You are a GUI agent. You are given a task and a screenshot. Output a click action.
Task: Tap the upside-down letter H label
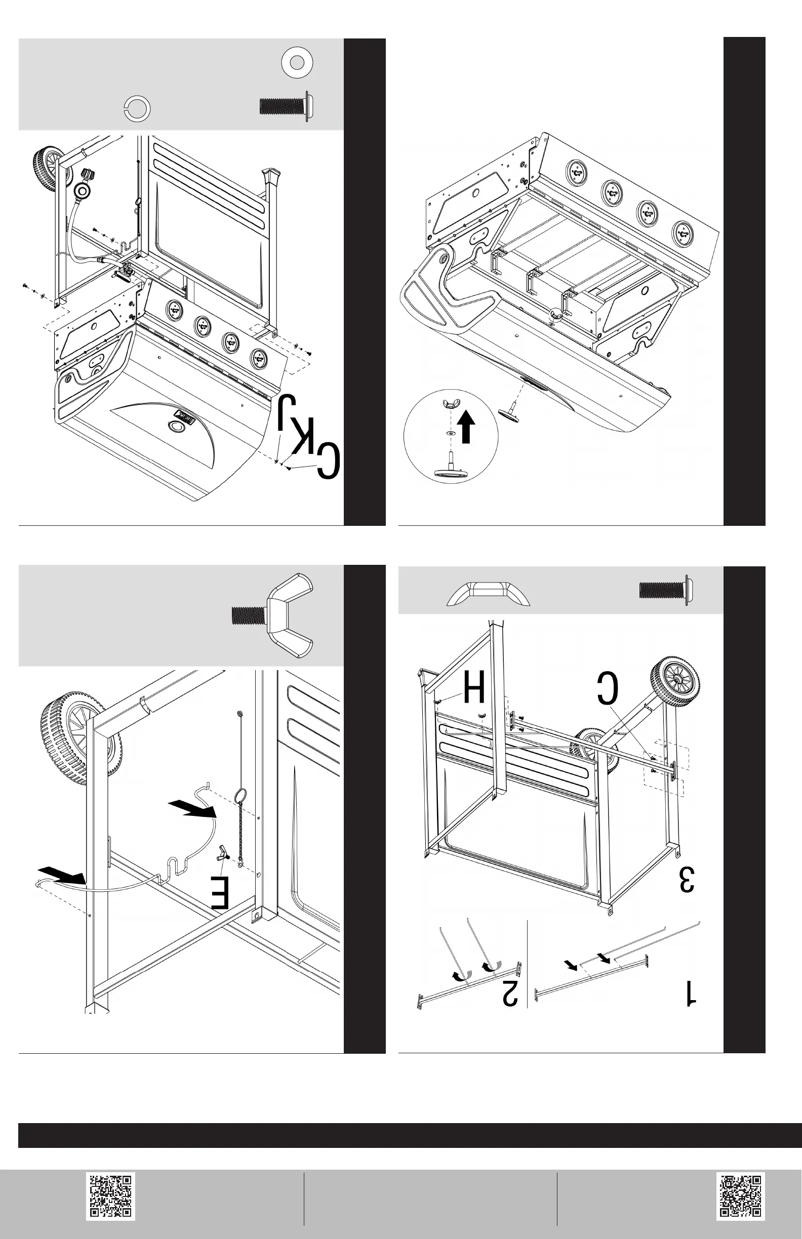[474, 687]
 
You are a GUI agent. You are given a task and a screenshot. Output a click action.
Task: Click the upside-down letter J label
[287, 411]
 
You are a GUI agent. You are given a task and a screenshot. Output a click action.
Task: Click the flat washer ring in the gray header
[297, 62]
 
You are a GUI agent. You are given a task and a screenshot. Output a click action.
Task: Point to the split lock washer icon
[138, 109]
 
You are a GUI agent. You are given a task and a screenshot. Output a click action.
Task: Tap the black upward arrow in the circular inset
[467, 426]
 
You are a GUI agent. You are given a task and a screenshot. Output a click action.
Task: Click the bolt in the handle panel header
[666, 590]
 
